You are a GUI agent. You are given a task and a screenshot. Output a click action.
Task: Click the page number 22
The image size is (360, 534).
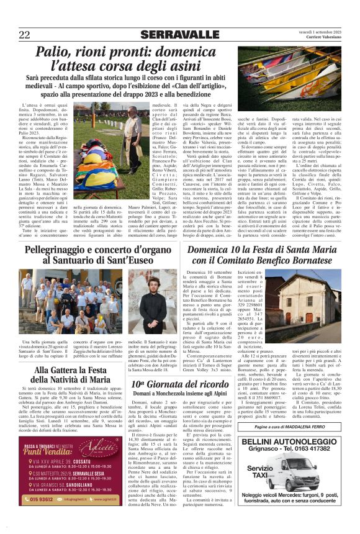pyautogui.click(x=25, y=34)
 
